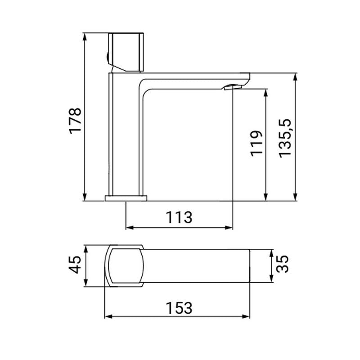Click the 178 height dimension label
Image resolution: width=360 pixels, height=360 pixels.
click(x=75, y=120)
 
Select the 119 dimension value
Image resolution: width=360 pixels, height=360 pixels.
click(x=256, y=143)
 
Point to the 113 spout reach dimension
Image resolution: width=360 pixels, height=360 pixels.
click(x=179, y=217)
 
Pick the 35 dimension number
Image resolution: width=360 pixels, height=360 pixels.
click(x=282, y=265)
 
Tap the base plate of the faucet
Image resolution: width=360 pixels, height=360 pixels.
click(x=126, y=198)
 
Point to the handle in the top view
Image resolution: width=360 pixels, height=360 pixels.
click(x=125, y=265)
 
